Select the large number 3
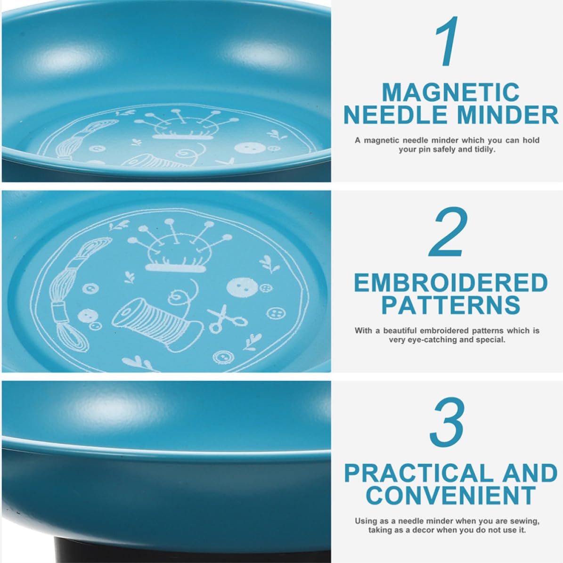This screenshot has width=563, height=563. coord(448,422)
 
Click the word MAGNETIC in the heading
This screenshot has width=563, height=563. coord(450,92)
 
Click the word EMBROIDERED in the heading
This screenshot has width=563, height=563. coord(450,283)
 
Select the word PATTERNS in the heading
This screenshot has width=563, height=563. coord(450,305)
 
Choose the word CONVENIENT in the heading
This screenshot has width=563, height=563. coord(450,496)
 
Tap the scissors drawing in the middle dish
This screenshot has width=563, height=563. coord(226,318)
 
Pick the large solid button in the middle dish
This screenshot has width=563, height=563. coord(243,287)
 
